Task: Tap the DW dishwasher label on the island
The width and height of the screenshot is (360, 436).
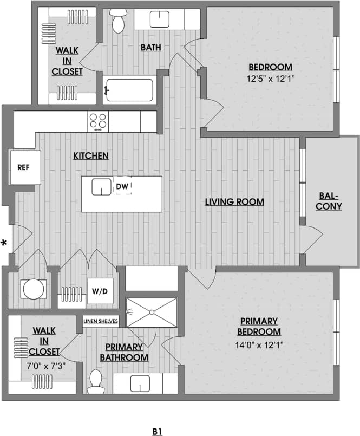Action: tap(122, 187)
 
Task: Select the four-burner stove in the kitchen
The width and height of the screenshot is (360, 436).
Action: tap(98, 121)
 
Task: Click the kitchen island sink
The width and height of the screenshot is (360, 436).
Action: tap(101, 187)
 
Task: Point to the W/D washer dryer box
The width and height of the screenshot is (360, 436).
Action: tap(100, 291)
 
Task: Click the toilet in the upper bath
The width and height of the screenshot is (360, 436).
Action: tap(118, 20)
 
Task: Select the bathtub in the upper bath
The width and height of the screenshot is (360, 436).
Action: tap(128, 90)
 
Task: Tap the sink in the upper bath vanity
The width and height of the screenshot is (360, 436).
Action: tap(159, 20)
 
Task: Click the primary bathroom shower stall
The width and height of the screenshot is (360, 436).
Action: tap(152, 312)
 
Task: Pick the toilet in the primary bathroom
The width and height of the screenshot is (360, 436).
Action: tap(96, 381)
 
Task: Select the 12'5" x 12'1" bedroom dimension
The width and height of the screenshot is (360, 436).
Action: tap(270, 79)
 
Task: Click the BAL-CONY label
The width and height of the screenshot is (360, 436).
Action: tap(329, 201)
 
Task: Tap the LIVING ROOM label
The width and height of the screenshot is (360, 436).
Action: tap(234, 202)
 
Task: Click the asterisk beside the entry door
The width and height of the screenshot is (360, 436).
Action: tap(5, 243)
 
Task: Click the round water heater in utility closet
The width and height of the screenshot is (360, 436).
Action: tap(33, 289)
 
